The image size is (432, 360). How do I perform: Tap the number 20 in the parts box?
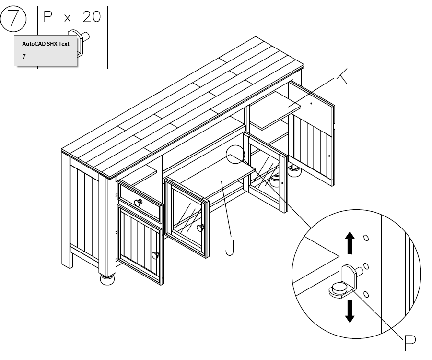[x=92, y=17]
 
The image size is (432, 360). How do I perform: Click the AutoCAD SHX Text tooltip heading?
[x=46, y=44]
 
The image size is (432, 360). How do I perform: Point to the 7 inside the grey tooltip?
[x=24, y=57]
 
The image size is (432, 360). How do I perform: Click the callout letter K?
[x=341, y=77]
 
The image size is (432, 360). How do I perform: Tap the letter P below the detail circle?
[x=409, y=342]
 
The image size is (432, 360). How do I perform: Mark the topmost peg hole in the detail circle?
[x=366, y=238]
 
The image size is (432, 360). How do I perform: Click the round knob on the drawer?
[x=138, y=203]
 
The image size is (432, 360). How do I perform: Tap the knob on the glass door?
[x=200, y=227]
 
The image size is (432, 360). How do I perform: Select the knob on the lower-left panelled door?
[x=156, y=255]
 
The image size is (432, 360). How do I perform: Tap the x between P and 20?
[x=68, y=18]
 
